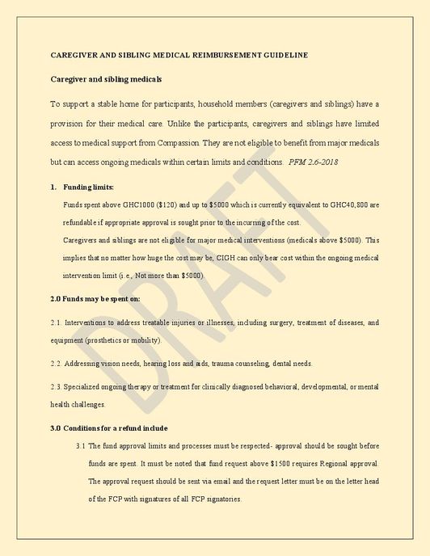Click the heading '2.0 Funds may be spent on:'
click(x=95, y=299)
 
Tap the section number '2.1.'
click(x=56, y=322)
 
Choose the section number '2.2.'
click(x=56, y=363)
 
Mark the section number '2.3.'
click(x=56, y=386)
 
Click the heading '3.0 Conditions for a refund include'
click(x=109, y=428)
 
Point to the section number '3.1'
click(x=81, y=445)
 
